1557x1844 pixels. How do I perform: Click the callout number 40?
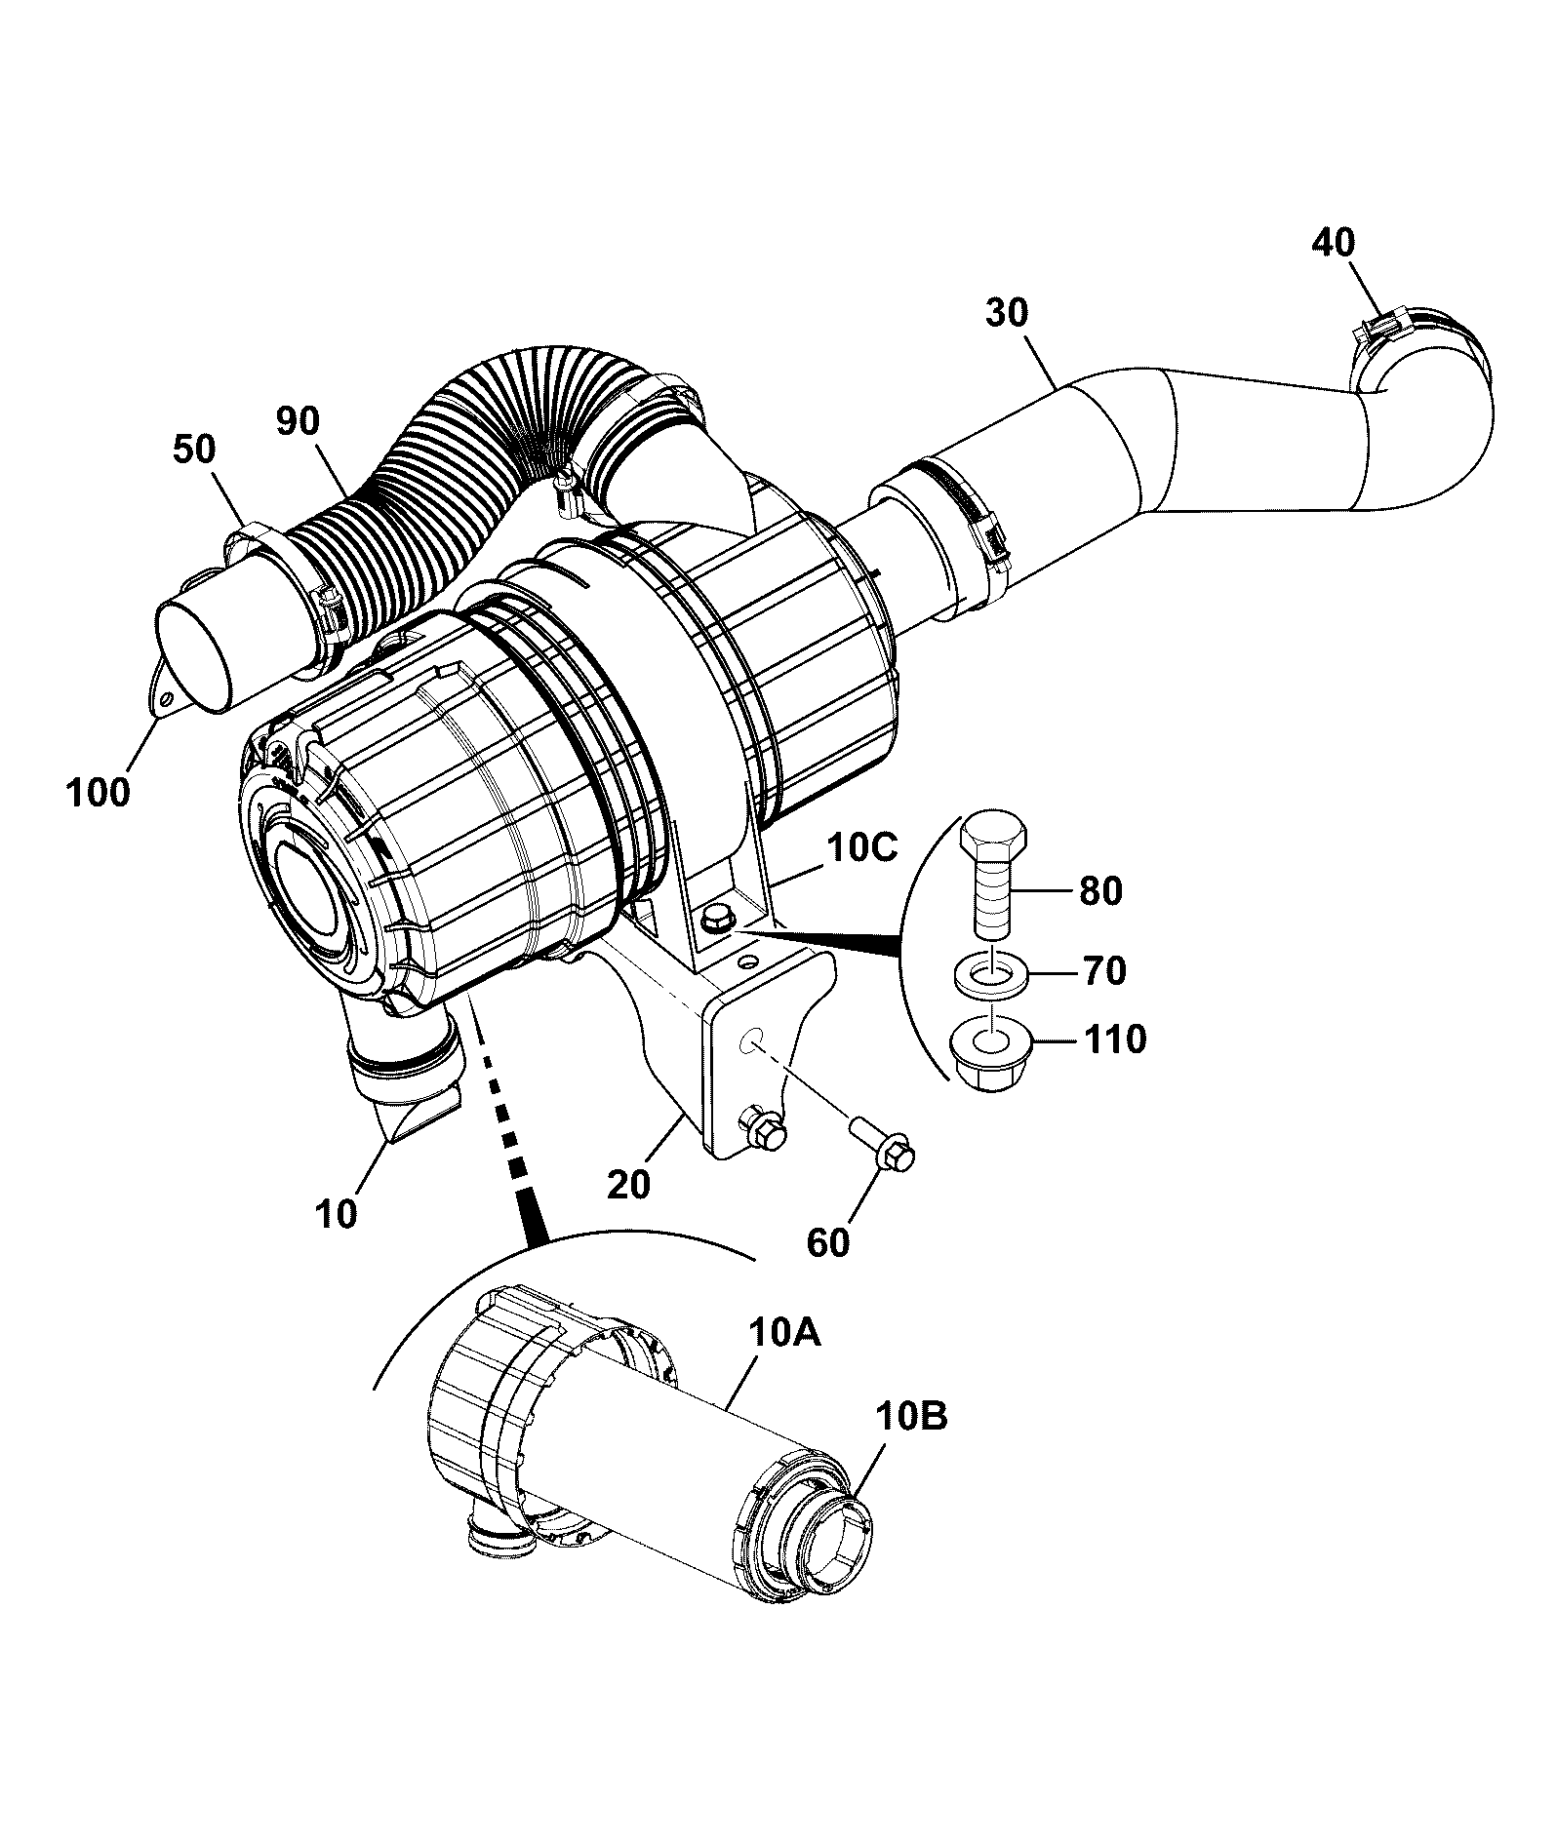[1334, 242]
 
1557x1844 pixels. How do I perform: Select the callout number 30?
[1008, 313]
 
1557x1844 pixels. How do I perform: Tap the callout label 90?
[297, 421]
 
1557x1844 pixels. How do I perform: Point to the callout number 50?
[195, 450]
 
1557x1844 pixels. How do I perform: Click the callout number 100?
[98, 792]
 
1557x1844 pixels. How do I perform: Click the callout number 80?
[1101, 890]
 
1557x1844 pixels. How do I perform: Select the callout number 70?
[1103, 970]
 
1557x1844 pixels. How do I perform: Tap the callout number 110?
[1114, 1040]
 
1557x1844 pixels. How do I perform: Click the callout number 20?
[627, 1184]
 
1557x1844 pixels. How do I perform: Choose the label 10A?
[785, 1333]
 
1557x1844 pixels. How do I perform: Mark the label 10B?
[911, 1416]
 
